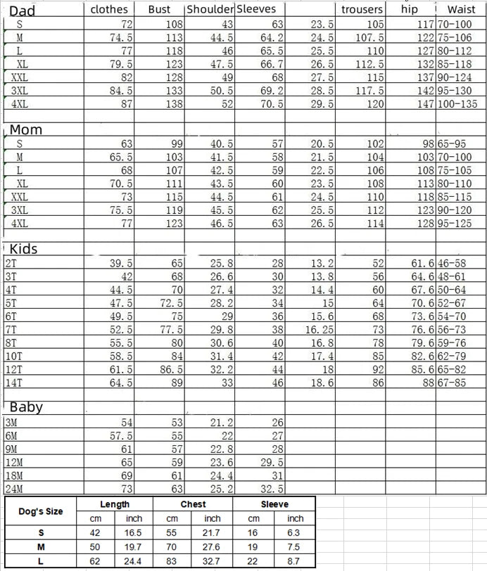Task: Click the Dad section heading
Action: [21, 10]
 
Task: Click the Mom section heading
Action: [26, 129]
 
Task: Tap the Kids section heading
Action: [23, 249]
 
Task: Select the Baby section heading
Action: [26, 407]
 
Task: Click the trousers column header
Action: [362, 10]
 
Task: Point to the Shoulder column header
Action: [210, 10]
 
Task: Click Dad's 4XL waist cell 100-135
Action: [457, 104]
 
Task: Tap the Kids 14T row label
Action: [13, 383]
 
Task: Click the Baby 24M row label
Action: [13, 489]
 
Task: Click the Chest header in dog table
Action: [193, 504]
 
